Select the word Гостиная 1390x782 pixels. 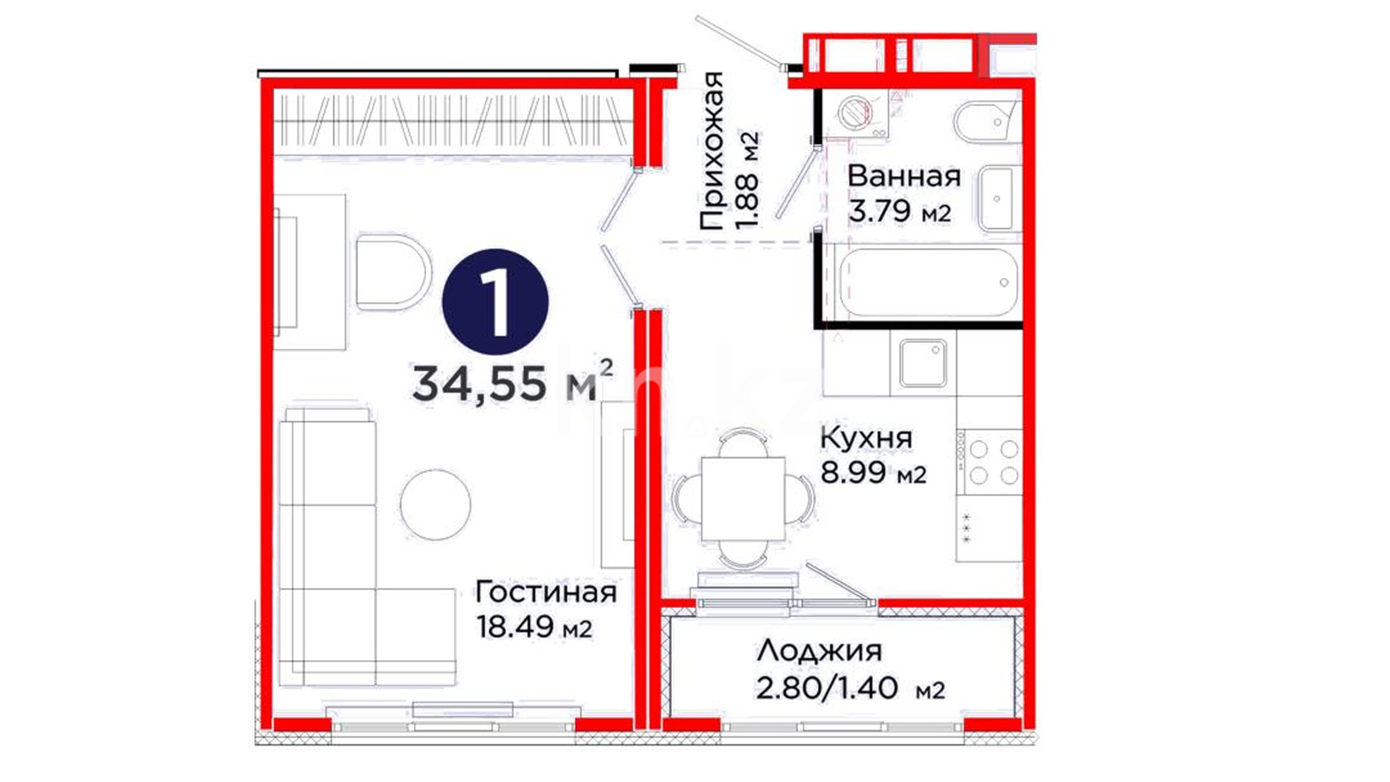(x=546, y=592)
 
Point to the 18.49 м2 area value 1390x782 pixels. (x=534, y=626)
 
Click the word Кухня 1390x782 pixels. (x=866, y=438)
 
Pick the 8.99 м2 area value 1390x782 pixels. (x=873, y=472)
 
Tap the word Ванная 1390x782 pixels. (x=904, y=176)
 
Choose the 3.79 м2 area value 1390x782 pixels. (x=899, y=211)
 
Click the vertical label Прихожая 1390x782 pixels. (x=712, y=151)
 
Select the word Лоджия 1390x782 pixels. (x=820, y=652)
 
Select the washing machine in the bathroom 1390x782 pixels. (x=859, y=114)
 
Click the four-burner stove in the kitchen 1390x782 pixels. (x=990, y=462)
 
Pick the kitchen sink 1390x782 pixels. (x=924, y=363)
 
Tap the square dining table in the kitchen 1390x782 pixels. (x=744, y=499)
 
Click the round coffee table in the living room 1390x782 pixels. (x=435, y=505)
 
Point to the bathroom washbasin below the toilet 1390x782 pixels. (x=998, y=198)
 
